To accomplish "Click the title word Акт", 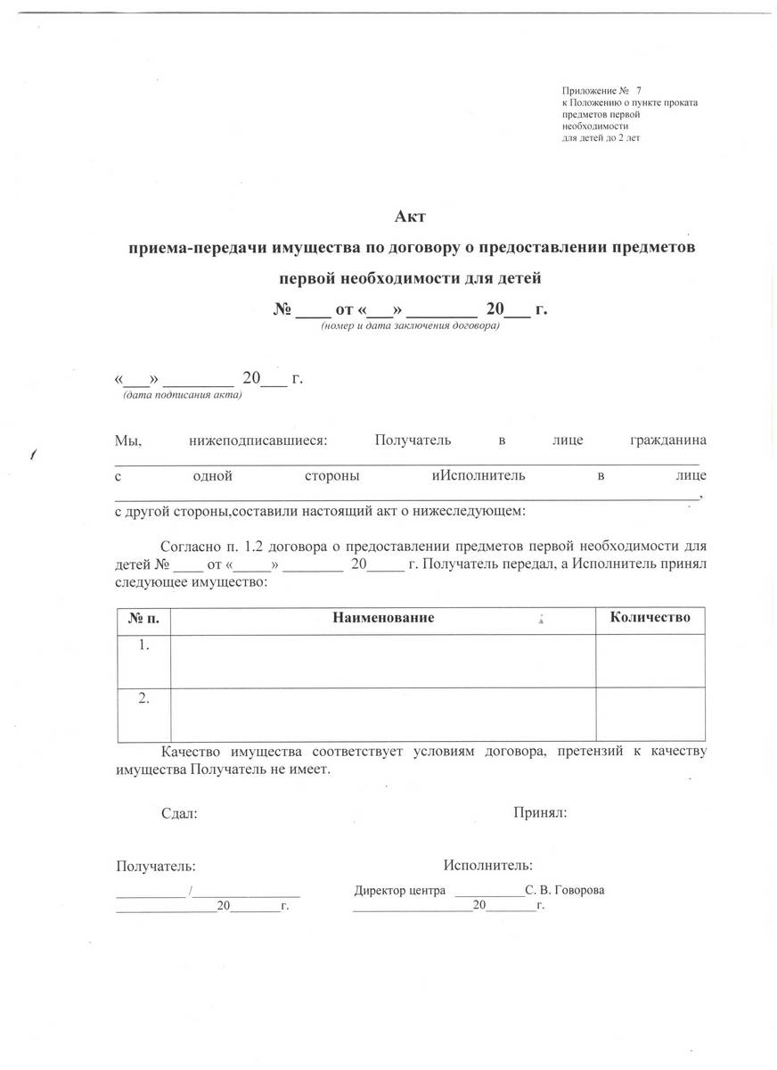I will pyautogui.click(x=411, y=215).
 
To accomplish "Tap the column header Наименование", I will pyautogui.click(x=383, y=617).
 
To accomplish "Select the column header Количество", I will pyautogui.click(x=650, y=617).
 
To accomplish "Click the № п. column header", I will pyautogui.click(x=143, y=617).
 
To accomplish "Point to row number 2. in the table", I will pyautogui.click(x=144, y=698).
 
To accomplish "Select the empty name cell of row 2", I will pyautogui.click(x=383, y=714).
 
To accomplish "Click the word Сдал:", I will pyautogui.click(x=179, y=813).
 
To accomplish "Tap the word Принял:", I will pyautogui.click(x=541, y=812).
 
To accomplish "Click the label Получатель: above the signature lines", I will pyautogui.click(x=156, y=866).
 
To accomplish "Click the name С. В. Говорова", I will pyautogui.click(x=566, y=891).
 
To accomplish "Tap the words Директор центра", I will pyautogui.click(x=398, y=891).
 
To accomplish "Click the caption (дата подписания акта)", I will pyautogui.click(x=182, y=395).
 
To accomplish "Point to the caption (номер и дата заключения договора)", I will pyautogui.click(x=411, y=326).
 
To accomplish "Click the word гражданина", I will pyautogui.click(x=667, y=440).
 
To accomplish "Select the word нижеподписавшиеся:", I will pyautogui.click(x=259, y=440).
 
